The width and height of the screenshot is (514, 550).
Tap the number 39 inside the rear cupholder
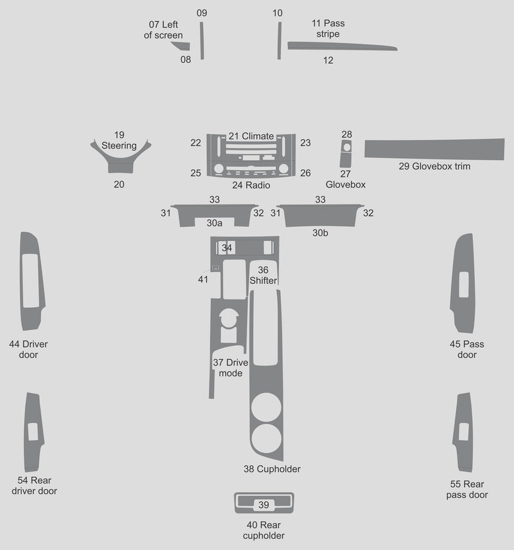click(x=263, y=505)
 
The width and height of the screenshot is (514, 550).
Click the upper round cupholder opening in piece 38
click(x=266, y=407)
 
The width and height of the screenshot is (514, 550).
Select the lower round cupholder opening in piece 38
click(x=266, y=438)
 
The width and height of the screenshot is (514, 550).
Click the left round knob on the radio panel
click(x=218, y=169)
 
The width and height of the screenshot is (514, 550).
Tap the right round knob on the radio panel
click(x=283, y=169)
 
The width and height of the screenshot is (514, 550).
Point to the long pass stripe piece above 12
click(x=341, y=46)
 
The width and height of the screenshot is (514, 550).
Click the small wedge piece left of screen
click(x=182, y=46)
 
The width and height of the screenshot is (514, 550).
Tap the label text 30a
click(x=215, y=223)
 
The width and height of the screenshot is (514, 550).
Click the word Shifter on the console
click(x=263, y=281)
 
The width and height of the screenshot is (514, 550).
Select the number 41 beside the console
click(x=203, y=279)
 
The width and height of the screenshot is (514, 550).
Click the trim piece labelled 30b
click(x=320, y=217)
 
